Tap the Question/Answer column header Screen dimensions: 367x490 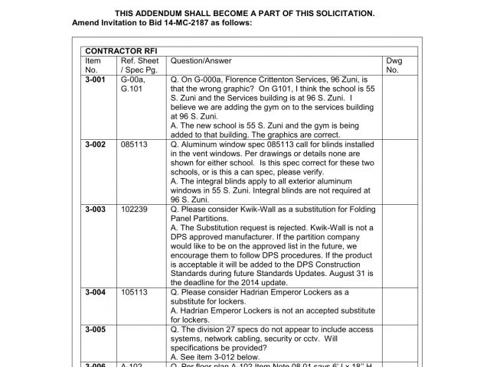(x=201, y=60)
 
